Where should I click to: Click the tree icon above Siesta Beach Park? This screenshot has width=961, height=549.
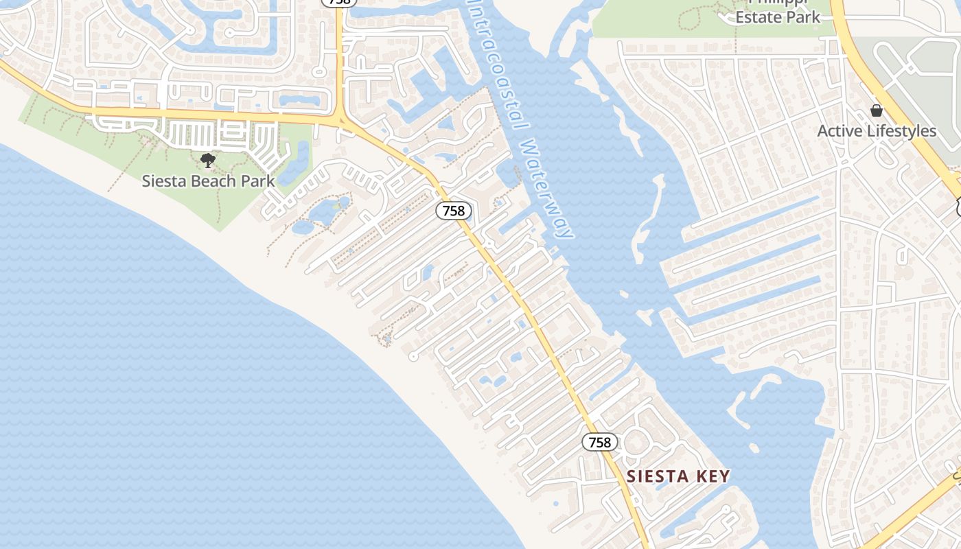tap(208, 161)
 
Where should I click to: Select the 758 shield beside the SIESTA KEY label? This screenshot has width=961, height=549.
tap(600, 442)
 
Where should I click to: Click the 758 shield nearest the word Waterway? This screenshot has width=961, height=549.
tap(453, 211)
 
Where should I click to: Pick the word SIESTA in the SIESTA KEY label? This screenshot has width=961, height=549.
tap(655, 476)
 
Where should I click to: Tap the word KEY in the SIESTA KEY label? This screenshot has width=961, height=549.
tap(711, 476)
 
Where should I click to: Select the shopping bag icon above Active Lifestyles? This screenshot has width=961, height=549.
tap(877, 110)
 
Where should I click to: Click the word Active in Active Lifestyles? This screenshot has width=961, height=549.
tap(838, 131)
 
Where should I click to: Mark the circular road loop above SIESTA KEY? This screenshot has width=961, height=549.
tap(636, 441)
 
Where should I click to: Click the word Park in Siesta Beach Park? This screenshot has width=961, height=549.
tap(256, 181)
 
